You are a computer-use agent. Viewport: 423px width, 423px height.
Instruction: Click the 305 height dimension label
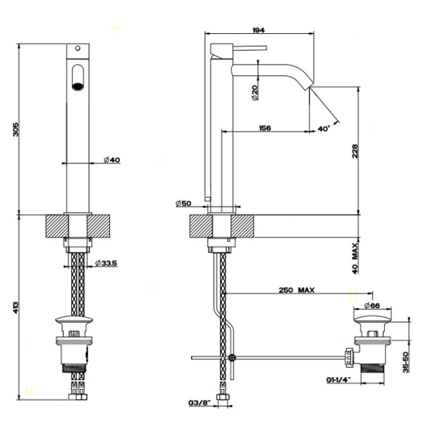pos(25,128)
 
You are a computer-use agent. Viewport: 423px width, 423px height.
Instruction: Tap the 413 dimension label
pos(25,307)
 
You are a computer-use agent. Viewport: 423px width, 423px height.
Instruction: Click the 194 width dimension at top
pos(259,30)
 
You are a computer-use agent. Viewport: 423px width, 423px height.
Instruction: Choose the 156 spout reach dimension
pos(265,128)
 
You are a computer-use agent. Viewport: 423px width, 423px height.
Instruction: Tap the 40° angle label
pos(324,129)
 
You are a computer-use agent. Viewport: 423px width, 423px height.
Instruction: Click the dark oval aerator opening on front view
pos(78,75)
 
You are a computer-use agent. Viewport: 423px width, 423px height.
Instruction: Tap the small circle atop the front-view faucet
pos(78,49)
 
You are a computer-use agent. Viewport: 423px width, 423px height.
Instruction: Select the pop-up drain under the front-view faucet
pos(78,345)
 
